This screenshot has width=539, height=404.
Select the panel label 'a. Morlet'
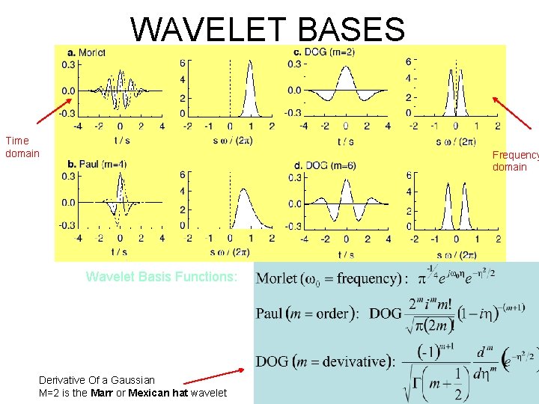pos(87,52)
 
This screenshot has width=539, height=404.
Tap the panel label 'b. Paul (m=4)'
pos(97,164)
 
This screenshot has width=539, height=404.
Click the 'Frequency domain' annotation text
pos(515,161)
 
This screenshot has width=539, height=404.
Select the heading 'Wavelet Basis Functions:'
pos(162,277)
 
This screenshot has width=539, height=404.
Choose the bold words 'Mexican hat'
pos(156,393)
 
